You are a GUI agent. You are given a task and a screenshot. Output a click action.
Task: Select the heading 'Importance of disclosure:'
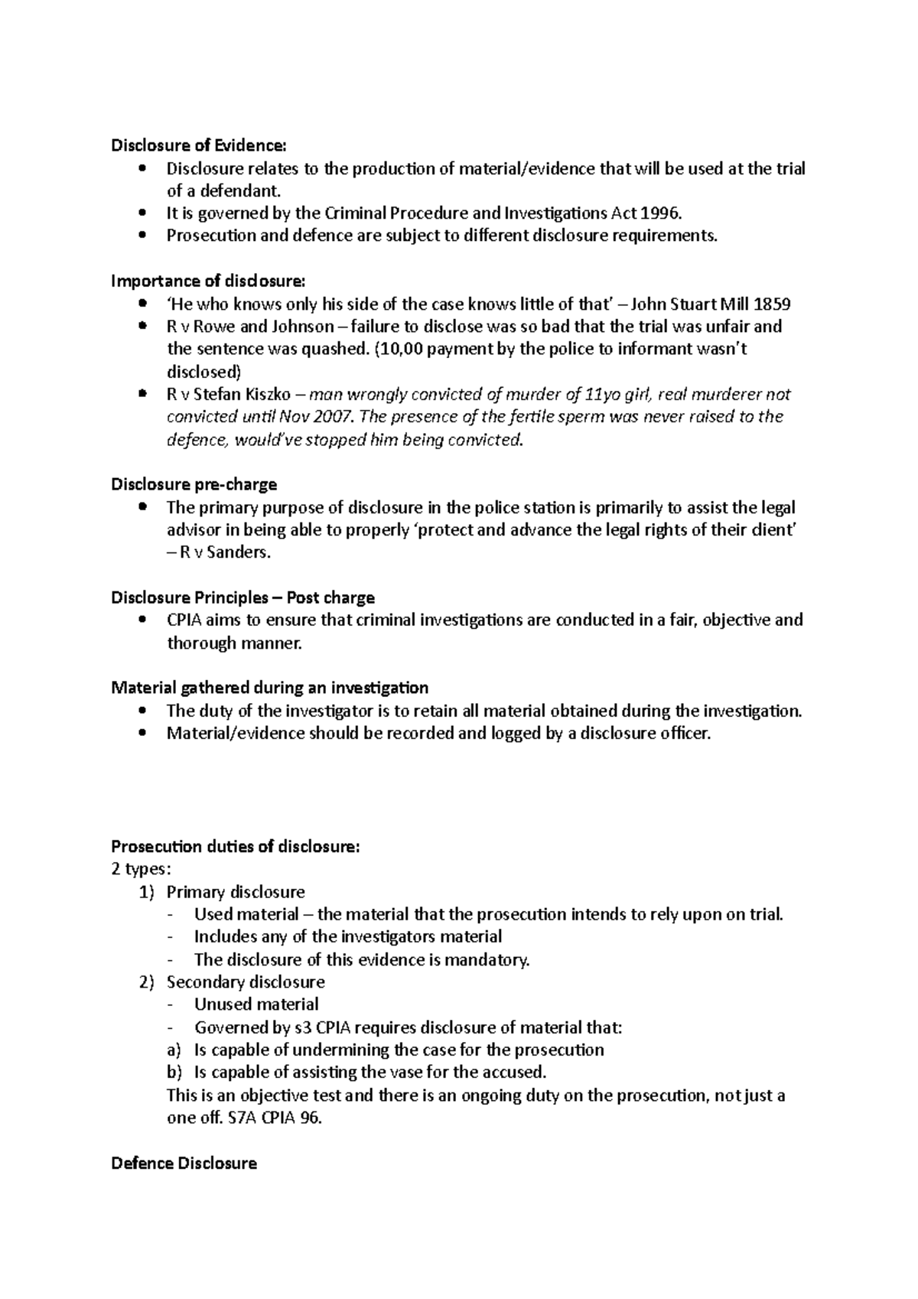[207, 281]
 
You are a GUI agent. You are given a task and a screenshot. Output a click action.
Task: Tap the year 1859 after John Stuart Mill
[773, 304]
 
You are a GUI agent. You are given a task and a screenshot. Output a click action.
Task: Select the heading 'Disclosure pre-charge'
[194, 484]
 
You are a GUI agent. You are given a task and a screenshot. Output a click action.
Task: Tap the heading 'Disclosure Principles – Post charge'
[243, 597]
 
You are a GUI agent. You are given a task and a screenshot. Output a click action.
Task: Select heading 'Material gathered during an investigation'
[269, 688]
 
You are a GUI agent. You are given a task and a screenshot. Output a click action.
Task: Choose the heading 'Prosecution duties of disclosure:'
[235, 847]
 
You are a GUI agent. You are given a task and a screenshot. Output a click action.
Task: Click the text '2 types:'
[142, 869]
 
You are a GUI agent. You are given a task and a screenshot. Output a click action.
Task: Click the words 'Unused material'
[256, 1004]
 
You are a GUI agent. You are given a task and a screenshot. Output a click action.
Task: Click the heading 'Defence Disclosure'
[184, 1164]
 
